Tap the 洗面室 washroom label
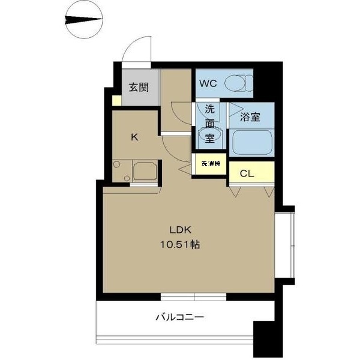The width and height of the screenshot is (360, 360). (209, 124)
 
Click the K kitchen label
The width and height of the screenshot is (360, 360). (135, 137)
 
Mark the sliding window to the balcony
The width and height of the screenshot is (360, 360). (194, 296)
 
